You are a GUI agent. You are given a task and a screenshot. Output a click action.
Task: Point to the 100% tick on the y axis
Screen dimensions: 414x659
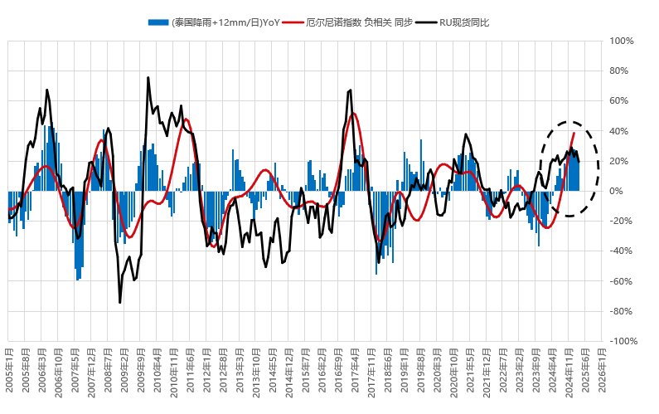(622, 41)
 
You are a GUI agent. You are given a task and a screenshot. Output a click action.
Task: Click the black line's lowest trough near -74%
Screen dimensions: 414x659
(119, 303)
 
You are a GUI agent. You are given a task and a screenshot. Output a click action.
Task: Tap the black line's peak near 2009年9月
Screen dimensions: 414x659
(148, 78)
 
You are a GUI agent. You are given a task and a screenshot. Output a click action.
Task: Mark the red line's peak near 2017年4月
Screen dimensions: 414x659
(354, 114)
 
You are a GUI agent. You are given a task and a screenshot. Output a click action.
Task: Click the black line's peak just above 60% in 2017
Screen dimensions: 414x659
(351, 90)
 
